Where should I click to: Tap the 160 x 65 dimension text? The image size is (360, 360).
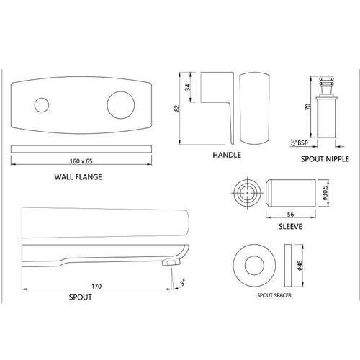pos(81,161)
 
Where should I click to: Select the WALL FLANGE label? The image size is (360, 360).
pos(78,177)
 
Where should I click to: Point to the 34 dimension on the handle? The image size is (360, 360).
pos(188,87)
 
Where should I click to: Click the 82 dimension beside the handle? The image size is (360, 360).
pos(177,108)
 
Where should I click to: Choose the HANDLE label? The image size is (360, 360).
pos(227,155)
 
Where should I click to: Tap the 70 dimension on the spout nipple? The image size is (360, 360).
pos(307,107)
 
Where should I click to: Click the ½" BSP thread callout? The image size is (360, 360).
pos(299,143)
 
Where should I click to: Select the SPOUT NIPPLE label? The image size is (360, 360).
pos(325,159)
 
